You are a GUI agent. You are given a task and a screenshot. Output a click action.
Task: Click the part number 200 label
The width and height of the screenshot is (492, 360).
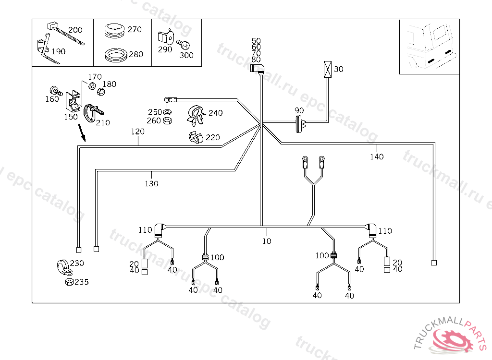75,30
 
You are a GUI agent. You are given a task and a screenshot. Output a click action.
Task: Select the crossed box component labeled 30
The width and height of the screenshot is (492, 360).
328,69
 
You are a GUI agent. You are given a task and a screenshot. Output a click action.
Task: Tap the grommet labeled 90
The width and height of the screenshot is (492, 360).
300,123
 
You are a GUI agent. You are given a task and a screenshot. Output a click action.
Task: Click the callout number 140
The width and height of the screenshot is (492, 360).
377,156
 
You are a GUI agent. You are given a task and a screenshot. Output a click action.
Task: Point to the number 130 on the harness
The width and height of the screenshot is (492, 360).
152,183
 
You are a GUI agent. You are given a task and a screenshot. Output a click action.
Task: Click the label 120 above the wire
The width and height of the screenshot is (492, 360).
138,131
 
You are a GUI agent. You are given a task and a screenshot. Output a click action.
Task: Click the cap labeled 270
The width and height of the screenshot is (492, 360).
114,30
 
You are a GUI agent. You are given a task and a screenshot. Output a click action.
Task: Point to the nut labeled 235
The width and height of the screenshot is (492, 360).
68,282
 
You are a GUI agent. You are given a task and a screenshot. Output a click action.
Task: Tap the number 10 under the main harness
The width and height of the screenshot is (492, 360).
267,241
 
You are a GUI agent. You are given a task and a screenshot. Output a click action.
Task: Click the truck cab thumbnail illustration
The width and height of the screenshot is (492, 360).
429,47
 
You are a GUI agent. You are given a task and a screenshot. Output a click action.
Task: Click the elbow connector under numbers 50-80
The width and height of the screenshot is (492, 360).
258,69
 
